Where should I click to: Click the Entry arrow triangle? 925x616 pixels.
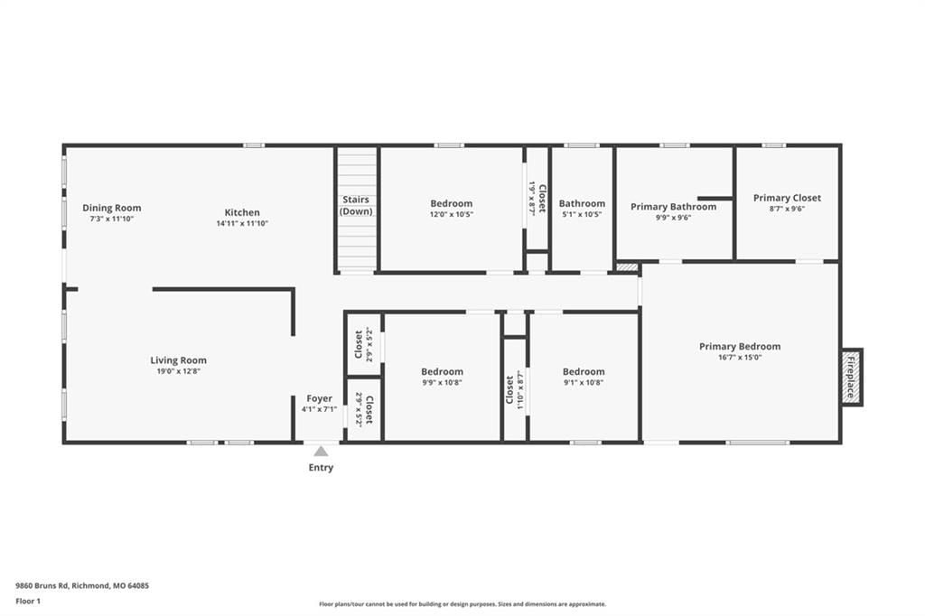point(321,452)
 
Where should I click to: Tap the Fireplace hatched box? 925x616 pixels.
point(851,377)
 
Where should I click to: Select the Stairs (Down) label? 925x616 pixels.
point(356,205)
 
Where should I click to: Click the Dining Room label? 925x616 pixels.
point(111,208)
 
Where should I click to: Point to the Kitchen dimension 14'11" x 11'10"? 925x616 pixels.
point(242,224)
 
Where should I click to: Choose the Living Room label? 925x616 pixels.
point(178,359)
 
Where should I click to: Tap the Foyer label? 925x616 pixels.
point(319,398)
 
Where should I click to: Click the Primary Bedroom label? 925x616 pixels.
point(740,346)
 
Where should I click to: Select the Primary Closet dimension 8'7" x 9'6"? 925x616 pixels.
point(787,209)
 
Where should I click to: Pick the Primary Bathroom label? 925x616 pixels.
point(673,207)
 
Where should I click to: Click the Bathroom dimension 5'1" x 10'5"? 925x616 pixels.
point(582,215)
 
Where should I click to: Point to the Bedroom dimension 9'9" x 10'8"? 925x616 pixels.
point(442,382)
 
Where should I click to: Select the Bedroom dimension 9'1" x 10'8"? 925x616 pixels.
point(584,382)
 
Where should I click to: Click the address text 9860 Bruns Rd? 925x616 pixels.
point(42,586)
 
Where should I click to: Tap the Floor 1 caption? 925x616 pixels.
point(28,602)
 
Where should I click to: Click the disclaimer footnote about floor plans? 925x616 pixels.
point(462,604)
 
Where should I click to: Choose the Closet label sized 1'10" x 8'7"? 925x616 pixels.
point(509,390)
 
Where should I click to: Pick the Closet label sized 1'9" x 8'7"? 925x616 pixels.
point(542,199)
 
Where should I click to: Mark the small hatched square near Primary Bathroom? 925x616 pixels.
point(627,267)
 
